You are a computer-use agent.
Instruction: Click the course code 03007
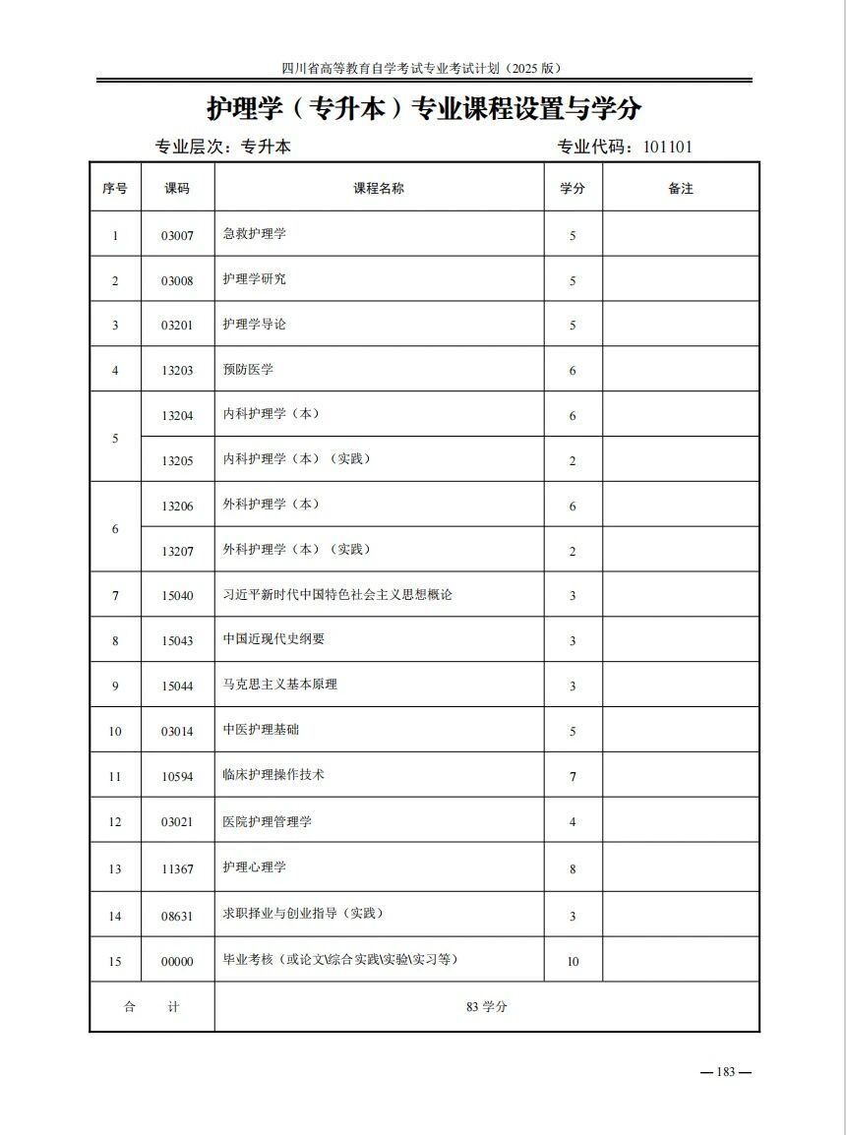[177, 236]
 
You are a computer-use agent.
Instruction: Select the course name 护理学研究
[254, 279]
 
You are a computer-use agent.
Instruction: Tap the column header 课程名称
[379, 188]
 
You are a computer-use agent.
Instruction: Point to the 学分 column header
[573, 188]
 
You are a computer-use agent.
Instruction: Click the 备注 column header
[681, 188]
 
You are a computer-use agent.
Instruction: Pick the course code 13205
[177, 460]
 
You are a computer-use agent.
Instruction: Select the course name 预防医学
[248, 370]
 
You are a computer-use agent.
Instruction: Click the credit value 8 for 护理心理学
[573, 869]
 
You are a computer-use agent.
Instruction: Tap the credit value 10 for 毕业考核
[573, 962]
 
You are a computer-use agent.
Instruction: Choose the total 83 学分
[487, 1007]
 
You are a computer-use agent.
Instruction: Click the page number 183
[726, 1072]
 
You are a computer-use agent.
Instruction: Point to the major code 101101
[668, 148]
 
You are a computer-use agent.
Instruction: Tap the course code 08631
[177, 917]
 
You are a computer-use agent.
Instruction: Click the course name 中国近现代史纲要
[273, 639]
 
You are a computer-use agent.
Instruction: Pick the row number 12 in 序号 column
[115, 822]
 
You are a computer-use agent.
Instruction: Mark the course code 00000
[177, 962]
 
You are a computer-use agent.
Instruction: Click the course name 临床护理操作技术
[273, 775]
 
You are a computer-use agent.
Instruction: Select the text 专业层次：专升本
[223, 148]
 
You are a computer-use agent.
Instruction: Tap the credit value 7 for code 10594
[573, 777]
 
